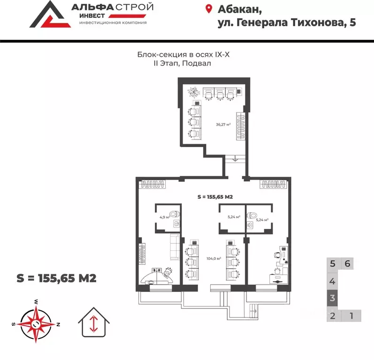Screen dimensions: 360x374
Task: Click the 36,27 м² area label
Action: [223, 125]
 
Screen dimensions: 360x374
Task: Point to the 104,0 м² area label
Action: [214, 258]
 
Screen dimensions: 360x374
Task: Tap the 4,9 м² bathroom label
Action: [164, 217]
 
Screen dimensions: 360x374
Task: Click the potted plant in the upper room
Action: [193, 92]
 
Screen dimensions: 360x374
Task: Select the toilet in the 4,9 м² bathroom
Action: [175, 214]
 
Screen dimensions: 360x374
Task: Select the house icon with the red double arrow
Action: [93, 322]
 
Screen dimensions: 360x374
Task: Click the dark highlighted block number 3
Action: [332, 298]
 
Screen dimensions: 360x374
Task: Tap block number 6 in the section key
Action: [347, 263]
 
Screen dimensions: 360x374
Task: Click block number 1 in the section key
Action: [351, 315]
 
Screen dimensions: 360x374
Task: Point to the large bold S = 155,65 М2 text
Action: [56, 278]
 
